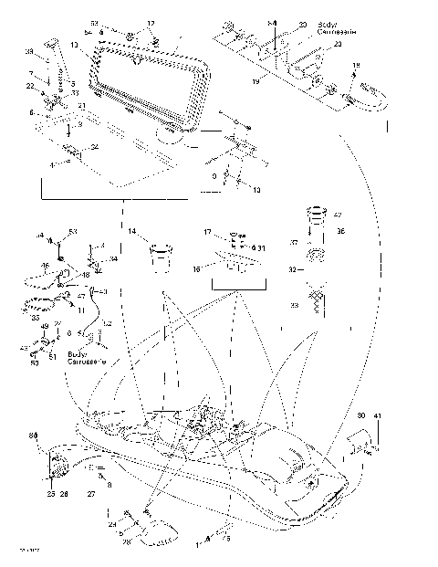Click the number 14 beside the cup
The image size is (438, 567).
pyautogui.click(x=131, y=233)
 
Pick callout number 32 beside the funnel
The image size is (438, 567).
pyautogui.click(x=294, y=270)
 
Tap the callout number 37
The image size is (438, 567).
pyautogui.click(x=294, y=243)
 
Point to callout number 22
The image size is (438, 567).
pyautogui.click(x=29, y=86)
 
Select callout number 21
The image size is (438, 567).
pyautogui.click(x=81, y=107)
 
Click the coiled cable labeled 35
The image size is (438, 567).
pyautogui.click(x=42, y=301)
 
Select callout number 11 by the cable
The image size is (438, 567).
pyautogui.click(x=81, y=310)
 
